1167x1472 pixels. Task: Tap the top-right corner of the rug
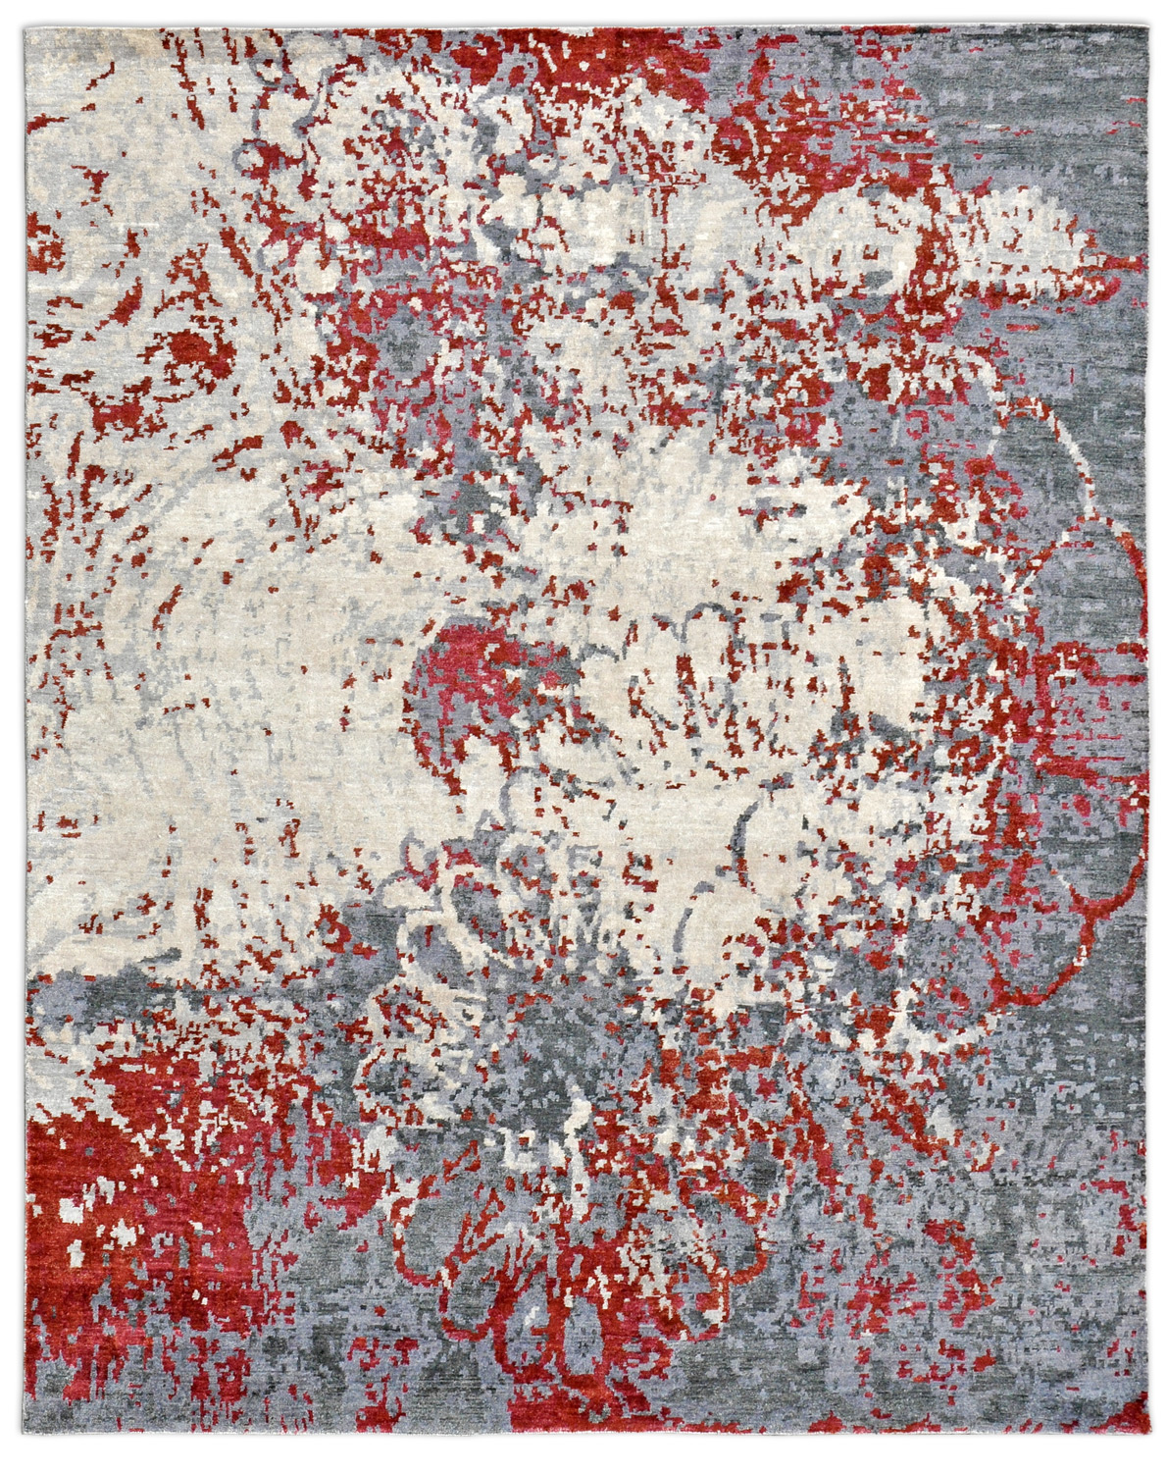[1143, 24]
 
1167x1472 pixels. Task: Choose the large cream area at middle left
[196, 687]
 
